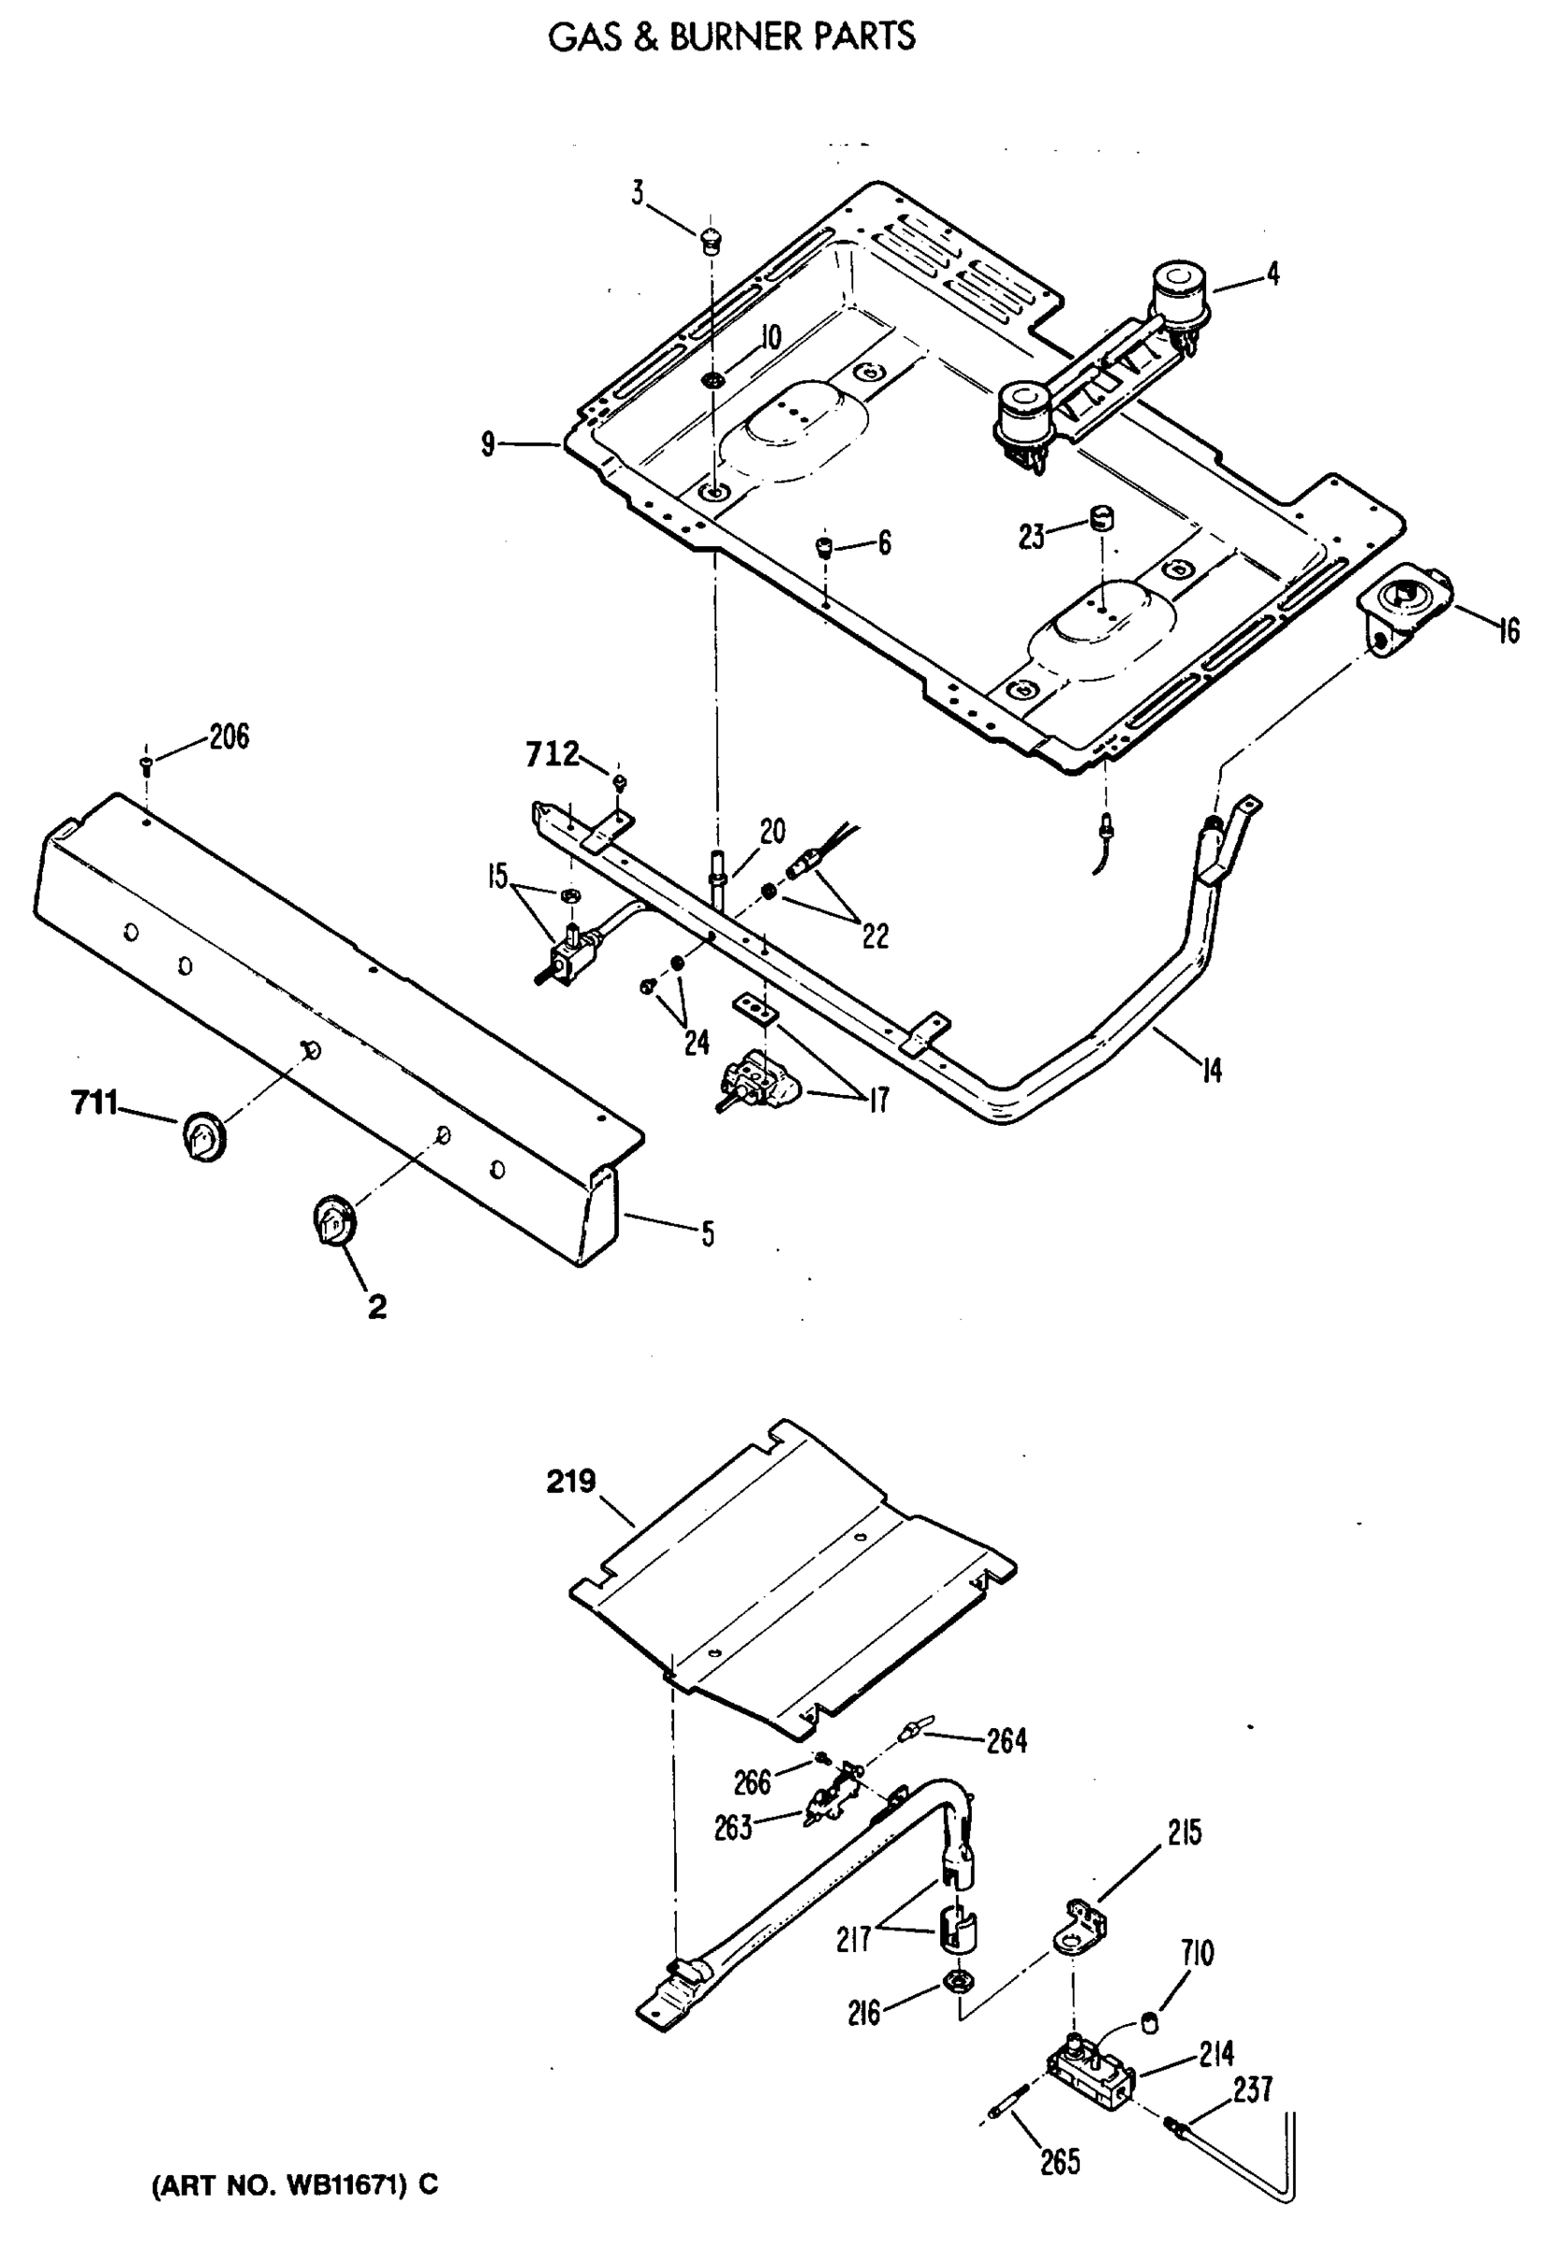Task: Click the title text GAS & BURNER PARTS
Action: point(731,37)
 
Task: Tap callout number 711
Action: point(94,1102)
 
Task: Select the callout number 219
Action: point(570,1481)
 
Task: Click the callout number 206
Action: point(228,737)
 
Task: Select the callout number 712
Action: point(552,753)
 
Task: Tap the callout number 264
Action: point(1006,1741)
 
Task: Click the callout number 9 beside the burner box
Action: point(489,444)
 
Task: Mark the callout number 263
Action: point(733,1828)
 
